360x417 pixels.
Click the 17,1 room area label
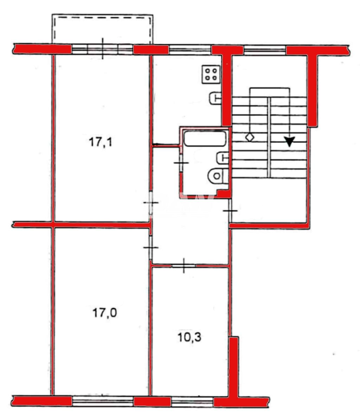[x=101, y=142]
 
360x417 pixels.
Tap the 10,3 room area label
[x=189, y=337]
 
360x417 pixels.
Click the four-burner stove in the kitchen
[x=211, y=74]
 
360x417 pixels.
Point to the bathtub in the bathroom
[x=205, y=139]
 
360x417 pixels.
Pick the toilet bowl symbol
[x=218, y=176]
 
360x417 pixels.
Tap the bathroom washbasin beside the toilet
[x=223, y=158]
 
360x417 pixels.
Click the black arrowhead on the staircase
[x=289, y=141]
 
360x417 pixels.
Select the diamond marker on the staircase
[x=250, y=137]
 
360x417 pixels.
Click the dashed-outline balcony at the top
[x=102, y=29]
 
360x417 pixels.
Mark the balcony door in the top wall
[x=103, y=49]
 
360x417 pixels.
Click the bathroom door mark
[x=181, y=163]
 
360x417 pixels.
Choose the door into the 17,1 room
[x=150, y=203]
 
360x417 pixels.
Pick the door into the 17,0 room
[x=150, y=248]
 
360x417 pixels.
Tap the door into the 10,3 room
[x=184, y=266]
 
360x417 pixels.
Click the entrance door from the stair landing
[x=230, y=211]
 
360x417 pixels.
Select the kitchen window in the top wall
[x=190, y=50]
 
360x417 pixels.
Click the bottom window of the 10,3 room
[x=192, y=402]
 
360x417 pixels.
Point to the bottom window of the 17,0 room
[x=103, y=401]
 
